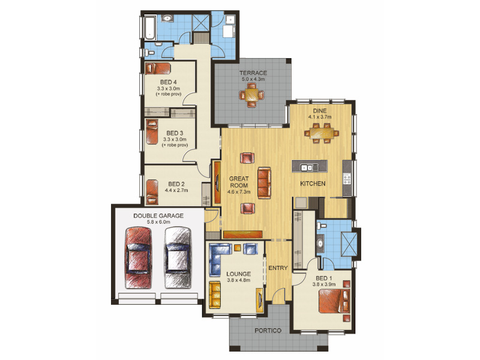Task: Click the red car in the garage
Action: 139,258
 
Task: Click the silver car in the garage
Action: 178,258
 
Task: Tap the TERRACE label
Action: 253,73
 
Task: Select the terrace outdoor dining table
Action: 251,95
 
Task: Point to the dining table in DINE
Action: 322,133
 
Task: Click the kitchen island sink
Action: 310,167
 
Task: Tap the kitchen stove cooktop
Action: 347,179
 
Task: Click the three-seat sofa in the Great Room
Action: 264,183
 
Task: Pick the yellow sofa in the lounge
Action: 215,295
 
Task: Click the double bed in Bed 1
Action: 334,301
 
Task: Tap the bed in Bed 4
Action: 158,68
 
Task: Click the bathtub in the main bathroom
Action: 150,28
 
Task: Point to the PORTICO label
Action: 268,331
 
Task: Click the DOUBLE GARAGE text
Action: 158,216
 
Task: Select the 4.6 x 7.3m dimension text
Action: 239,192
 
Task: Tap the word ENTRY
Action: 278,268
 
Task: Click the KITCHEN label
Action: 313,184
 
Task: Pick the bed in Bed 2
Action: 152,192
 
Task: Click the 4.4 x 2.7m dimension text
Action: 176,190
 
